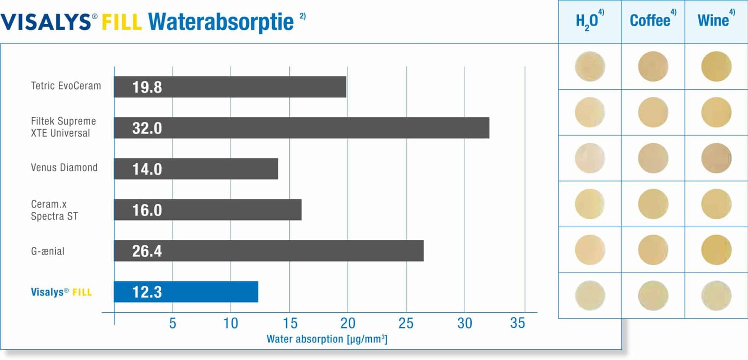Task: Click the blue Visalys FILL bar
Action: coord(186,292)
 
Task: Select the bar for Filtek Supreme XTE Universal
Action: coord(302,128)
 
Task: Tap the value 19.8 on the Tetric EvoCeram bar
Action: coord(147,87)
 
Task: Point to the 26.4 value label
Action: coord(147,251)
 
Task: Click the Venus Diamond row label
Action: coord(64,167)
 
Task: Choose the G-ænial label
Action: coord(48,251)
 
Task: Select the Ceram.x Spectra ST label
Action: coord(54,210)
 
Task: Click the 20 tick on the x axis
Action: coord(348,323)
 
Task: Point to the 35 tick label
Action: coord(518,323)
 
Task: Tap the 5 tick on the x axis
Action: coord(173,323)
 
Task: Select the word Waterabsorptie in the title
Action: coord(221,22)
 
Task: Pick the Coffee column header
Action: coord(650,21)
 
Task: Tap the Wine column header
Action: coord(713,21)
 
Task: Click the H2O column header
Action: coord(587,21)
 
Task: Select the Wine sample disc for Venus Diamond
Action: coord(716,158)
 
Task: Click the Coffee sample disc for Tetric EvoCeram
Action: coord(653,66)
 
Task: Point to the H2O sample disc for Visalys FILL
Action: coord(590,295)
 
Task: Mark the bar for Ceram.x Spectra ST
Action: coord(208,210)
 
